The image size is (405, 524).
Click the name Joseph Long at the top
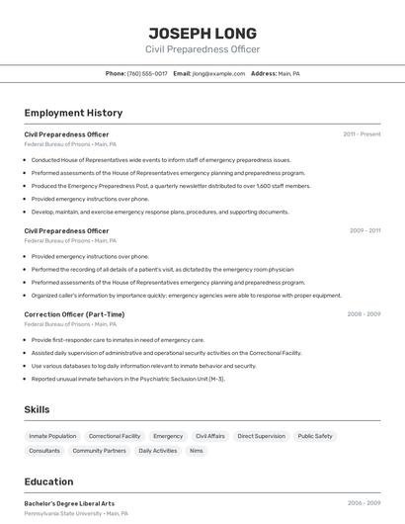click(202, 33)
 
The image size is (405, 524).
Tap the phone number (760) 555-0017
click(147, 73)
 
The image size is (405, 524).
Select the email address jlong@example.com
click(218, 73)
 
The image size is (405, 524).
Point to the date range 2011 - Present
click(362, 133)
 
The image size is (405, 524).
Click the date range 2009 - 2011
click(364, 230)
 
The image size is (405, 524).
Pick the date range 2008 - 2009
click(364, 313)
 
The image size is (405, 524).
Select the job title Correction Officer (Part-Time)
click(74, 314)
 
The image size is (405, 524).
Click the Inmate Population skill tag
click(52, 436)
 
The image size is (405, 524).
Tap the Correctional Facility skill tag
click(115, 436)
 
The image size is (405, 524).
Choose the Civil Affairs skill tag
click(209, 436)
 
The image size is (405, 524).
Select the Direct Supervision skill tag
click(261, 436)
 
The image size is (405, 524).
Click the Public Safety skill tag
click(315, 436)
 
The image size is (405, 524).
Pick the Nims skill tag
click(197, 451)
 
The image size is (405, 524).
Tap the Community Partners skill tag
click(100, 451)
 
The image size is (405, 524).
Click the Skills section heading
click(37, 409)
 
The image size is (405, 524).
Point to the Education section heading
click(48, 481)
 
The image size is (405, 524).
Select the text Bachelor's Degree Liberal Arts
click(69, 503)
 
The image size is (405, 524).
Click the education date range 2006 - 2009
click(364, 502)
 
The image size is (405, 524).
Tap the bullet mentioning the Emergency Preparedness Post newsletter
click(171, 186)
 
